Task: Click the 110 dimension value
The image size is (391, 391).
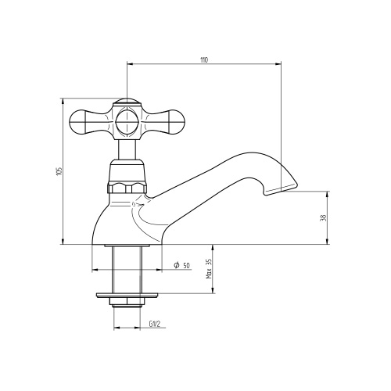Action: (x=204, y=59)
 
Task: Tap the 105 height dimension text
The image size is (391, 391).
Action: (x=59, y=171)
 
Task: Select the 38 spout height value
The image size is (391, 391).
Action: (x=323, y=218)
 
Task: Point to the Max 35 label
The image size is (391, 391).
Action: (x=210, y=269)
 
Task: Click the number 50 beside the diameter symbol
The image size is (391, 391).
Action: (x=186, y=266)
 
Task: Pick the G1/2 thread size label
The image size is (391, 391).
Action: (x=154, y=324)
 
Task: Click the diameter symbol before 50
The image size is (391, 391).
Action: (x=177, y=265)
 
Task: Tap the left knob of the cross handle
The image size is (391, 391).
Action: (x=77, y=122)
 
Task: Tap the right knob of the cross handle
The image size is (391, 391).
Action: (x=177, y=122)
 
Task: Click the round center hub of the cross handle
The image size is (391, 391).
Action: (x=127, y=122)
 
